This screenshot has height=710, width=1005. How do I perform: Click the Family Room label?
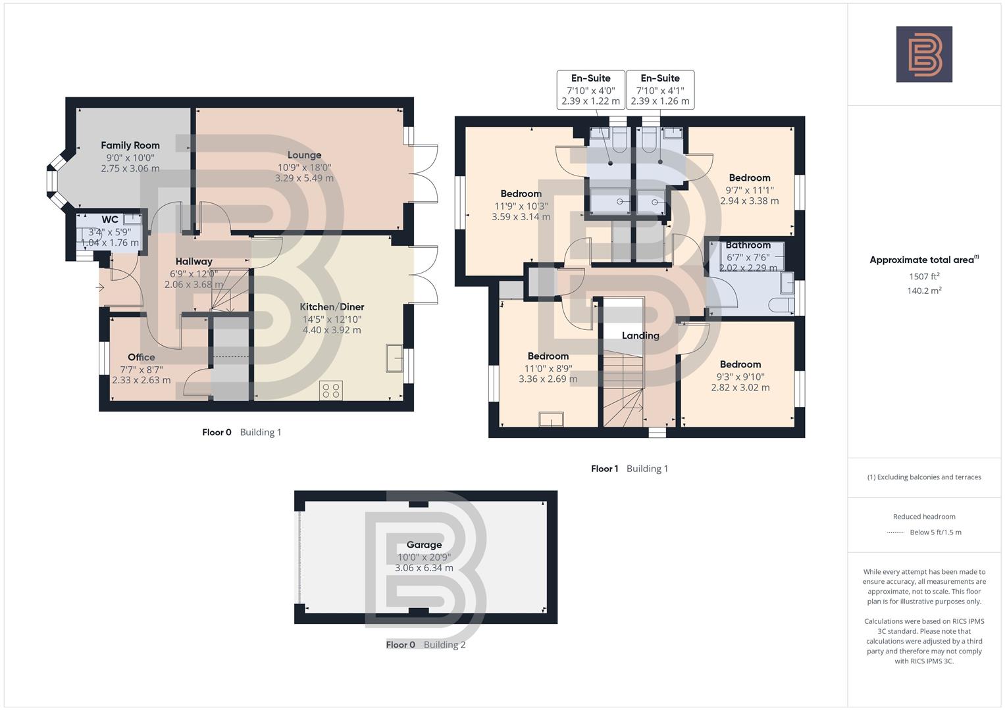[x=130, y=145]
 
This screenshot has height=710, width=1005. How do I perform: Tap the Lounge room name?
[x=304, y=155]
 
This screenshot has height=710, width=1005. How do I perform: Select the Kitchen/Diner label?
[x=332, y=307]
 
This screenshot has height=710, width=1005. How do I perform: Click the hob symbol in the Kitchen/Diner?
[x=330, y=390]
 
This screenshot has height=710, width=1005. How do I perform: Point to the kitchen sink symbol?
[x=395, y=358]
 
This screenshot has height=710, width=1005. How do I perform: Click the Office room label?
[x=141, y=357]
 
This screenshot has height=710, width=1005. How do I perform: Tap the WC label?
[x=110, y=220]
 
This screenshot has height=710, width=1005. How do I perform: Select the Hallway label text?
[x=193, y=262]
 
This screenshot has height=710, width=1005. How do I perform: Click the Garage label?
[x=424, y=545]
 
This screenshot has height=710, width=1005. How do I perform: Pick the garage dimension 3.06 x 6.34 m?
[x=424, y=568]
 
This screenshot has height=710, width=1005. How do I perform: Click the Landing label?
[x=640, y=335]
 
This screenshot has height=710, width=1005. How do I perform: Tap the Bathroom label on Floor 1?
[x=748, y=245]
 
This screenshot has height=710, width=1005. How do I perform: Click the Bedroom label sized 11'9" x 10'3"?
[x=521, y=194]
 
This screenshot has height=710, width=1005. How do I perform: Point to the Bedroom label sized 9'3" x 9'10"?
[x=740, y=364]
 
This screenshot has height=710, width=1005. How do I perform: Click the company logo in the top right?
[x=924, y=55]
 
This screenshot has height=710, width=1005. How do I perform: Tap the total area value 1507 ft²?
[x=924, y=277]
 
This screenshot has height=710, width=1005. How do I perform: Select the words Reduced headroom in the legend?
[x=924, y=517]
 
